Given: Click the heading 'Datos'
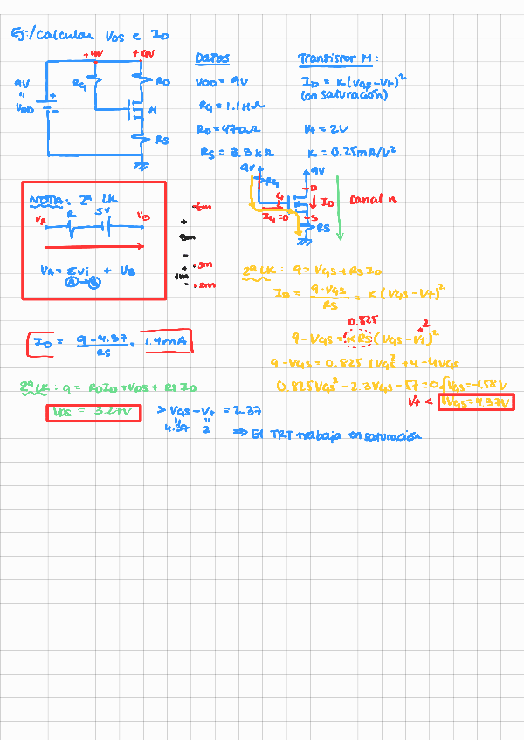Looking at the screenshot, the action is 212,58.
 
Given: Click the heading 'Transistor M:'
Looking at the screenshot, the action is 337,58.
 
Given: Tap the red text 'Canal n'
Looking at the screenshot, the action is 373,200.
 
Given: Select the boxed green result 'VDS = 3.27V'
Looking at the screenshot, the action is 93,412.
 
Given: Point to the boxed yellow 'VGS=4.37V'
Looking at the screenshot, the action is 472,401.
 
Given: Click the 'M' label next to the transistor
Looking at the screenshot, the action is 153,111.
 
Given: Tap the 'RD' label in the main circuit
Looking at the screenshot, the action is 162,81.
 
